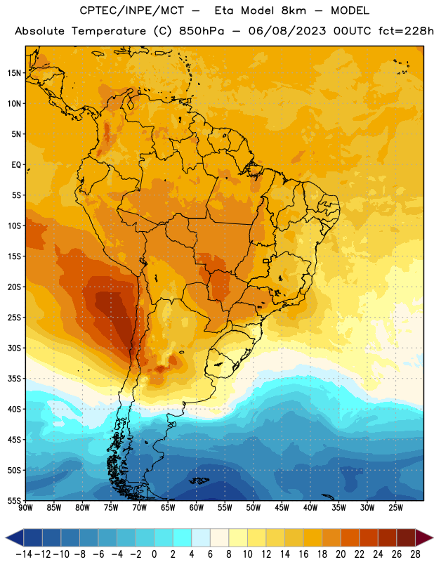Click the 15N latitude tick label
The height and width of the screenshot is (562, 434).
tap(14, 73)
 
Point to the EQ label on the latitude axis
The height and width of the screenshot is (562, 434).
tap(16, 165)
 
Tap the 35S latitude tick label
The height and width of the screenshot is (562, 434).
tap(14, 379)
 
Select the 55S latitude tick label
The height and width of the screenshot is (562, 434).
tap(14, 500)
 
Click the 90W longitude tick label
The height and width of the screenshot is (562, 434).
tap(25, 507)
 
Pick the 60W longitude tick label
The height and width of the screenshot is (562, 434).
tap(197, 507)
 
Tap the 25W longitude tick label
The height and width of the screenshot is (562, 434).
tap(395, 507)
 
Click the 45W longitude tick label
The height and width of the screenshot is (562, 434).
tap(282, 507)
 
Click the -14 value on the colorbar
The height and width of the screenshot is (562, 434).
tap(24, 554)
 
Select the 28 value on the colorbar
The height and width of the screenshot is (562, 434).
tap(415, 554)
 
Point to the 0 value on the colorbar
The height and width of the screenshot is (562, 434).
tap(154, 554)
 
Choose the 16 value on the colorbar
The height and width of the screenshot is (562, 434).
tap(303, 554)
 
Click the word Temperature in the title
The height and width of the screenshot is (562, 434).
tap(109, 31)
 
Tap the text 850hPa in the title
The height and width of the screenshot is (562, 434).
tap(202, 31)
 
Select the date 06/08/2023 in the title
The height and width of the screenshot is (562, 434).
tap(287, 31)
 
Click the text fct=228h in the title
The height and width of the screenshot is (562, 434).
tap(406, 31)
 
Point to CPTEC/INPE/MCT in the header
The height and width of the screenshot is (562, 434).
tap(132, 11)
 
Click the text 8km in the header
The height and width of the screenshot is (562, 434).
tap(294, 11)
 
